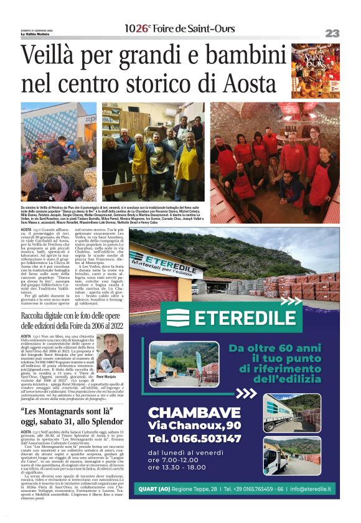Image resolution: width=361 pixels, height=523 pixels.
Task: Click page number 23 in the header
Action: pyautogui.click(x=331, y=32)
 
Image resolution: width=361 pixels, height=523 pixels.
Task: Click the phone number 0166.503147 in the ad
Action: pyautogui.click(x=194, y=439)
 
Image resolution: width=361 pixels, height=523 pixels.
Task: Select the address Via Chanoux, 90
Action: pyautogui.click(x=194, y=425)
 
